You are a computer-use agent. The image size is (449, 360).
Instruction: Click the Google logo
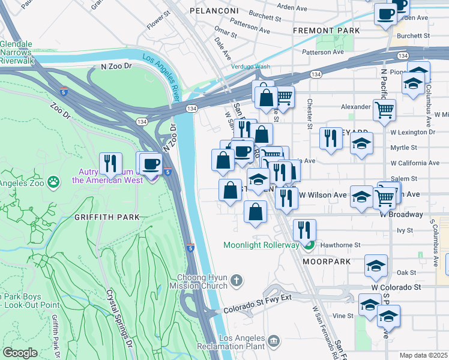pos(20,353)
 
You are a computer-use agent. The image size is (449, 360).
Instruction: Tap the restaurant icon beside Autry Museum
pos(110,163)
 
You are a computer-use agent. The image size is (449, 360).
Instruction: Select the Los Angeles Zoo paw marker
pos(54,180)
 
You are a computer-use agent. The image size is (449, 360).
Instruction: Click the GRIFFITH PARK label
pos(107,217)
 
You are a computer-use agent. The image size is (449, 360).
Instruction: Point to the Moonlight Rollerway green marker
pos(309,244)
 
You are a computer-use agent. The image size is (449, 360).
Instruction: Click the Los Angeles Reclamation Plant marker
pos(274,341)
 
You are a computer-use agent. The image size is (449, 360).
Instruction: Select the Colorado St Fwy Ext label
pos(257,304)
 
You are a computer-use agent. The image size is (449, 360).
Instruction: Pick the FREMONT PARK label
pos(326,31)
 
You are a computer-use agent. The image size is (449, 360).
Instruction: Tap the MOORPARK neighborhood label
pos(325,262)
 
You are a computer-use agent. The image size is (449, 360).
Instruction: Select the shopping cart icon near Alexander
pos(384,110)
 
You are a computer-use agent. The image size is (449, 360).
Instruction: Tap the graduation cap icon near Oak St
pos(376,265)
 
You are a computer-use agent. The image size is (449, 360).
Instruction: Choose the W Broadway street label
pos(415,214)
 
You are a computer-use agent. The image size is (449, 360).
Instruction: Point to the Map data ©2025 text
pos(423,355)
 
